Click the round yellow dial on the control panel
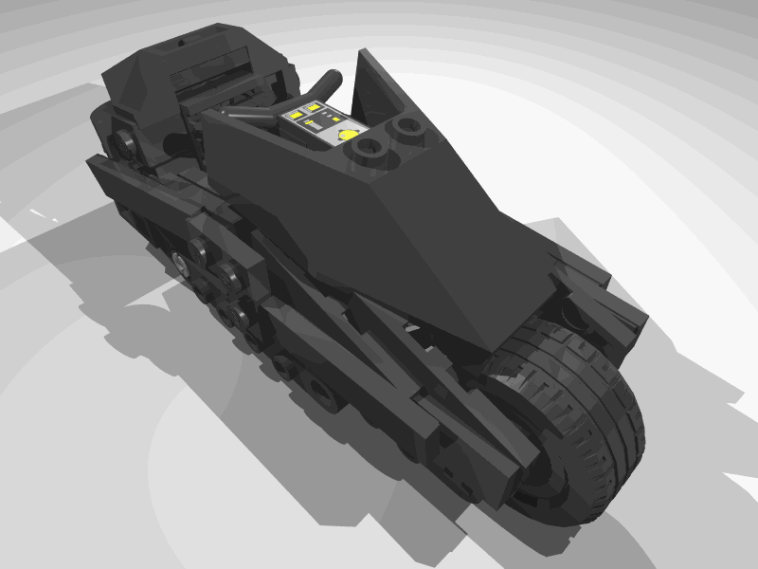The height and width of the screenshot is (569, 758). click(x=350, y=134)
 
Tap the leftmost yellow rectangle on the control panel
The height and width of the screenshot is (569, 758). click(x=296, y=116)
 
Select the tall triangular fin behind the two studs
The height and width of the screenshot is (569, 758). click(x=379, y=85)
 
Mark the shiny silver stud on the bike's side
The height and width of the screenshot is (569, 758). click(x=180, y=260)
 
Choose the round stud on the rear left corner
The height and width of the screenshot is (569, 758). click(x=121, y=144)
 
